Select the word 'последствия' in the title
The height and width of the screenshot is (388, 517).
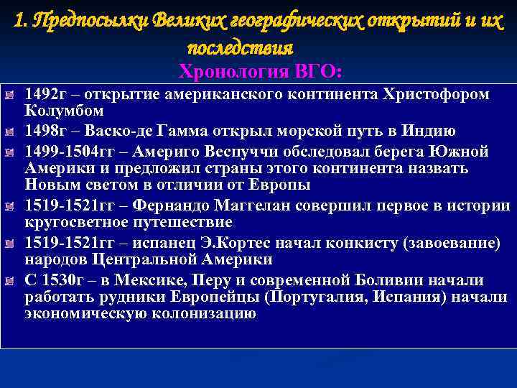[240, 47]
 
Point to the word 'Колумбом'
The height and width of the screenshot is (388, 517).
[64, 111]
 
